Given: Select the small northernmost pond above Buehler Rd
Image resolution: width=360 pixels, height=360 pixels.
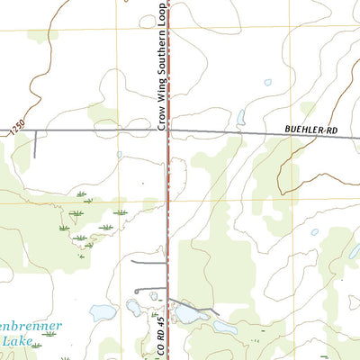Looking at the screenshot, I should [267, 83].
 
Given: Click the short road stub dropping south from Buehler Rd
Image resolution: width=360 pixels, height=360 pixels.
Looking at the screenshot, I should [34, 144].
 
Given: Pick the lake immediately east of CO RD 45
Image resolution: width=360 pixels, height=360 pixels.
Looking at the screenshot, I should [188, 314].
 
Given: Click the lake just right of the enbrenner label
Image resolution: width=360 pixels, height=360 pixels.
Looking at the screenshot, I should [102, 313].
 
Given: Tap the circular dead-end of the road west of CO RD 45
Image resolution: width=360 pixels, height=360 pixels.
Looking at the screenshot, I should [137, 292].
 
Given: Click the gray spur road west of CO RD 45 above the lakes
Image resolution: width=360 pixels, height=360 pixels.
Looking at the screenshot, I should [148, 262].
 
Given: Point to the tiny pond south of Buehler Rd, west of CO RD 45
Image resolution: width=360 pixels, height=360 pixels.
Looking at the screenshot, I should [120, 154].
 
